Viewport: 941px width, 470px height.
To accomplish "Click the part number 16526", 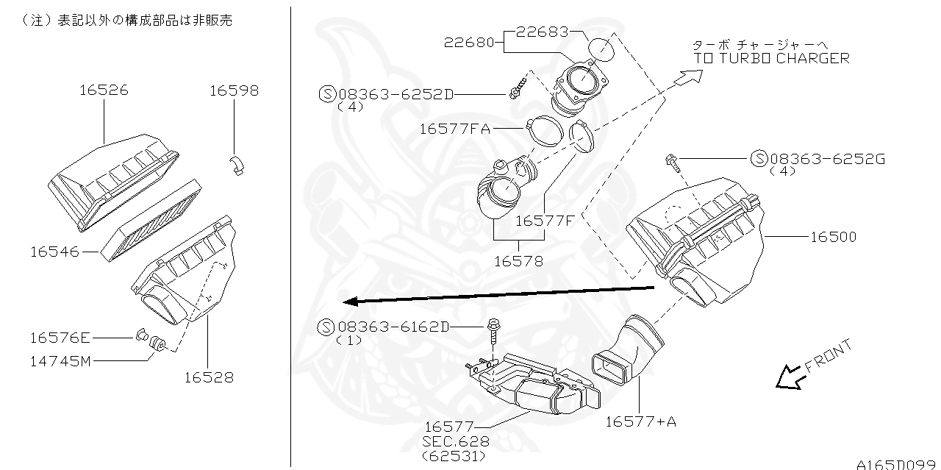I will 104,90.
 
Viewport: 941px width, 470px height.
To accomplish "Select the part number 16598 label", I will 234,90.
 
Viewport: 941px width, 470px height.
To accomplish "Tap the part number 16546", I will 54,252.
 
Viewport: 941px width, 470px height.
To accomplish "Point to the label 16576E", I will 60,338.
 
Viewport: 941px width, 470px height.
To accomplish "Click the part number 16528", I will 208,377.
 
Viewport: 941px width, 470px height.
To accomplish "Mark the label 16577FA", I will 454,129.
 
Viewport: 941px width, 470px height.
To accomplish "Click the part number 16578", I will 518,261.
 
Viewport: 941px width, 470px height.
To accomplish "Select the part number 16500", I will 833,237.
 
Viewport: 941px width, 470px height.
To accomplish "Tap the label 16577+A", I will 640,421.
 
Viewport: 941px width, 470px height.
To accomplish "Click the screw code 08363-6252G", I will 827,158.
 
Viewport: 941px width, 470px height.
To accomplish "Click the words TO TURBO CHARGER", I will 771,58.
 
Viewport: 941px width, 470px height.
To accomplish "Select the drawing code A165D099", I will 898,463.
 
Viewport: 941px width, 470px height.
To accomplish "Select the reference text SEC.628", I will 454,441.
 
